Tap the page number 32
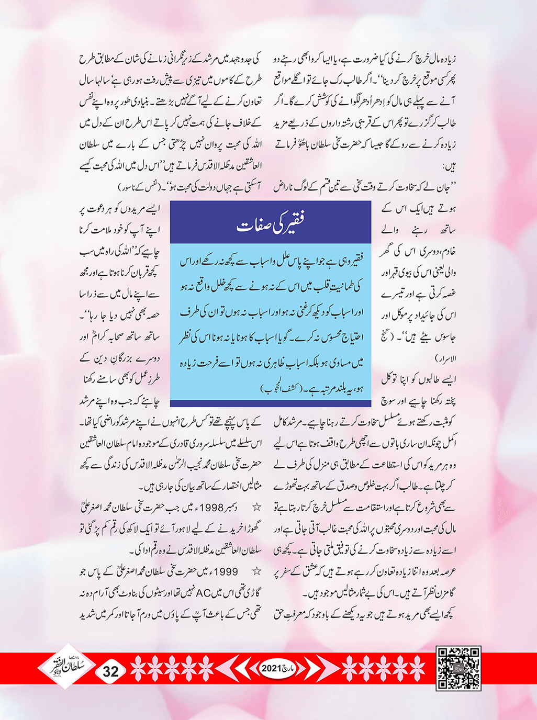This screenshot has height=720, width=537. [111, 671]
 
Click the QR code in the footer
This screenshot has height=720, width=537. [458, 669]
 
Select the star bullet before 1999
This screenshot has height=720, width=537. [256, 572]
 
